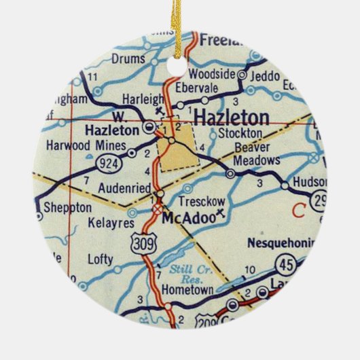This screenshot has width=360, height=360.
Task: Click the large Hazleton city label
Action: pos(231,116)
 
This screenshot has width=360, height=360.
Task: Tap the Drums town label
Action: pos(129,59)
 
